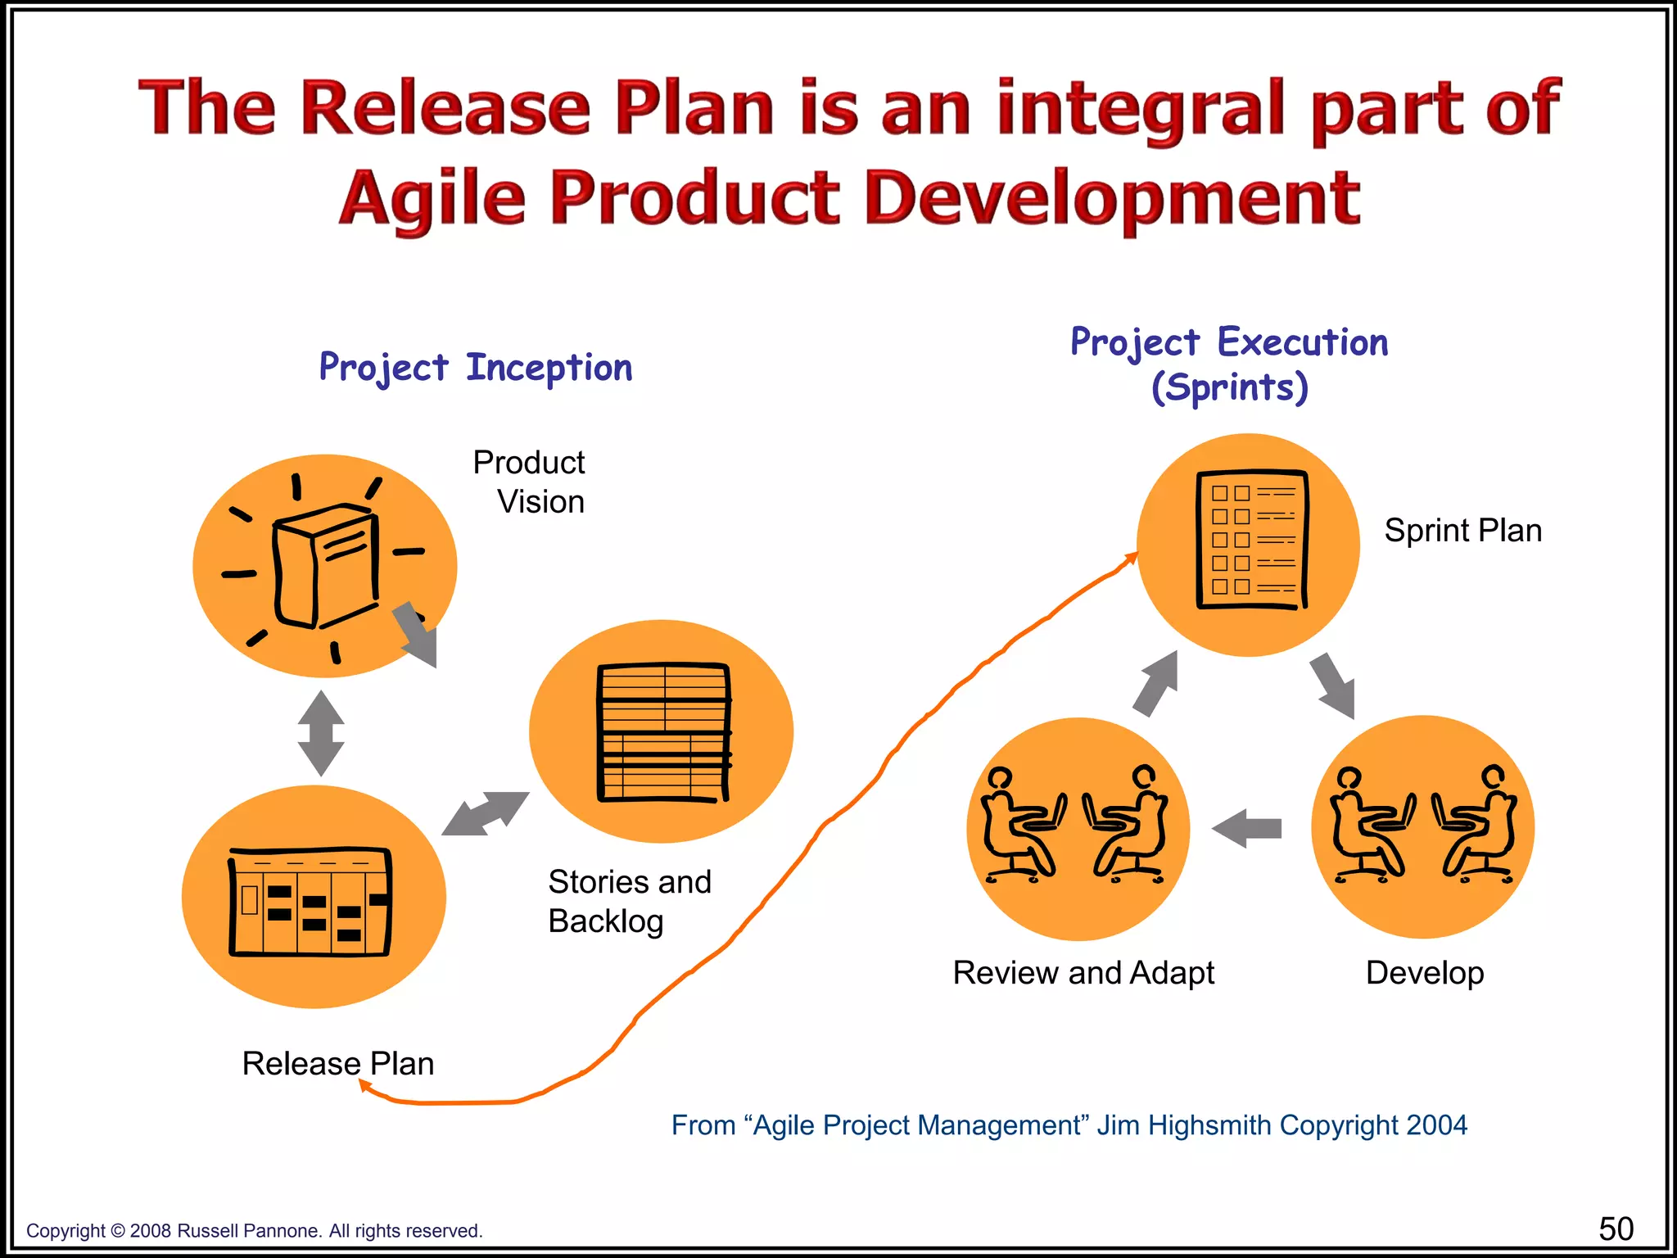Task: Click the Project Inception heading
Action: point(475,369)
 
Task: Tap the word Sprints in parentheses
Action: point(1230,387)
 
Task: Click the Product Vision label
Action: point(530,482)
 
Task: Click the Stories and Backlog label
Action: point(629,901)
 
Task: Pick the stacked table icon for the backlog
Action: point(663,731)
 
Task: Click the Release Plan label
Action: point(338,1064)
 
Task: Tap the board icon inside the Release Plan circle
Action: point(310,901)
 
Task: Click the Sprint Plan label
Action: point(1462,531)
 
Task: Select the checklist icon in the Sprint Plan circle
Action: point(1251,541)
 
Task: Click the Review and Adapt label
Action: point(1083,973)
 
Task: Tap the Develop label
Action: point(1425,973)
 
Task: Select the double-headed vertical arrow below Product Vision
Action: point(321,733)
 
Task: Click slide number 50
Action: point(1616,1229)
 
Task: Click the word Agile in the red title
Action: point(432,199)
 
